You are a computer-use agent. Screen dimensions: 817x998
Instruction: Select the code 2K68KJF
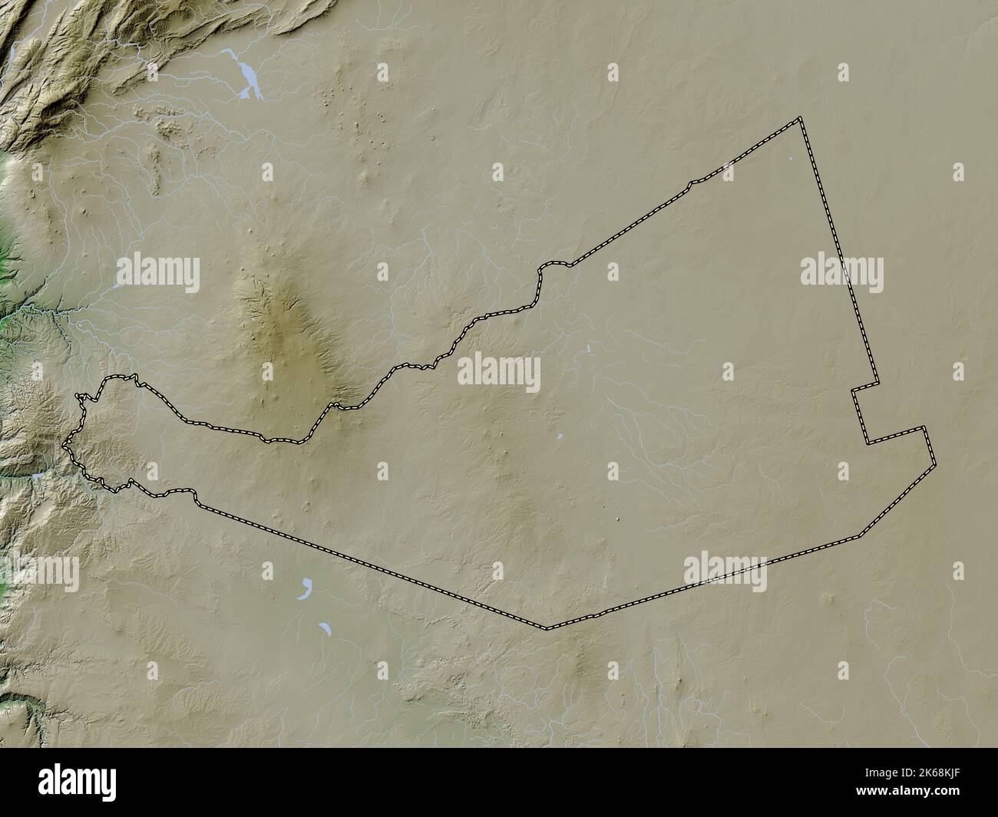tap(938, 773)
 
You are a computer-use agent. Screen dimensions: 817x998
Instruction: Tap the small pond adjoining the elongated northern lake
tap(228, 53)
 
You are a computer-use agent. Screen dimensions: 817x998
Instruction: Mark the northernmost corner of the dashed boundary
tap(800, 118)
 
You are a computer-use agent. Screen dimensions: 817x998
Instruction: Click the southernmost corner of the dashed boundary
tap(547, 629)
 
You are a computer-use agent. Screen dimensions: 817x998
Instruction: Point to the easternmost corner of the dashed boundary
tap(934, 464)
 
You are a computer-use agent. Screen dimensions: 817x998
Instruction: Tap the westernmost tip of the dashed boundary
tap(64, 443)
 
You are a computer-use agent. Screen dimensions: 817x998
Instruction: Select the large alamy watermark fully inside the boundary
tap(499, 372)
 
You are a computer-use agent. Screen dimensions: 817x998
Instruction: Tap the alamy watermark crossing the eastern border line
tap(841, 272)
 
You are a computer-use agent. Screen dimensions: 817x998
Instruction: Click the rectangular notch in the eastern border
tap(864, 414)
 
